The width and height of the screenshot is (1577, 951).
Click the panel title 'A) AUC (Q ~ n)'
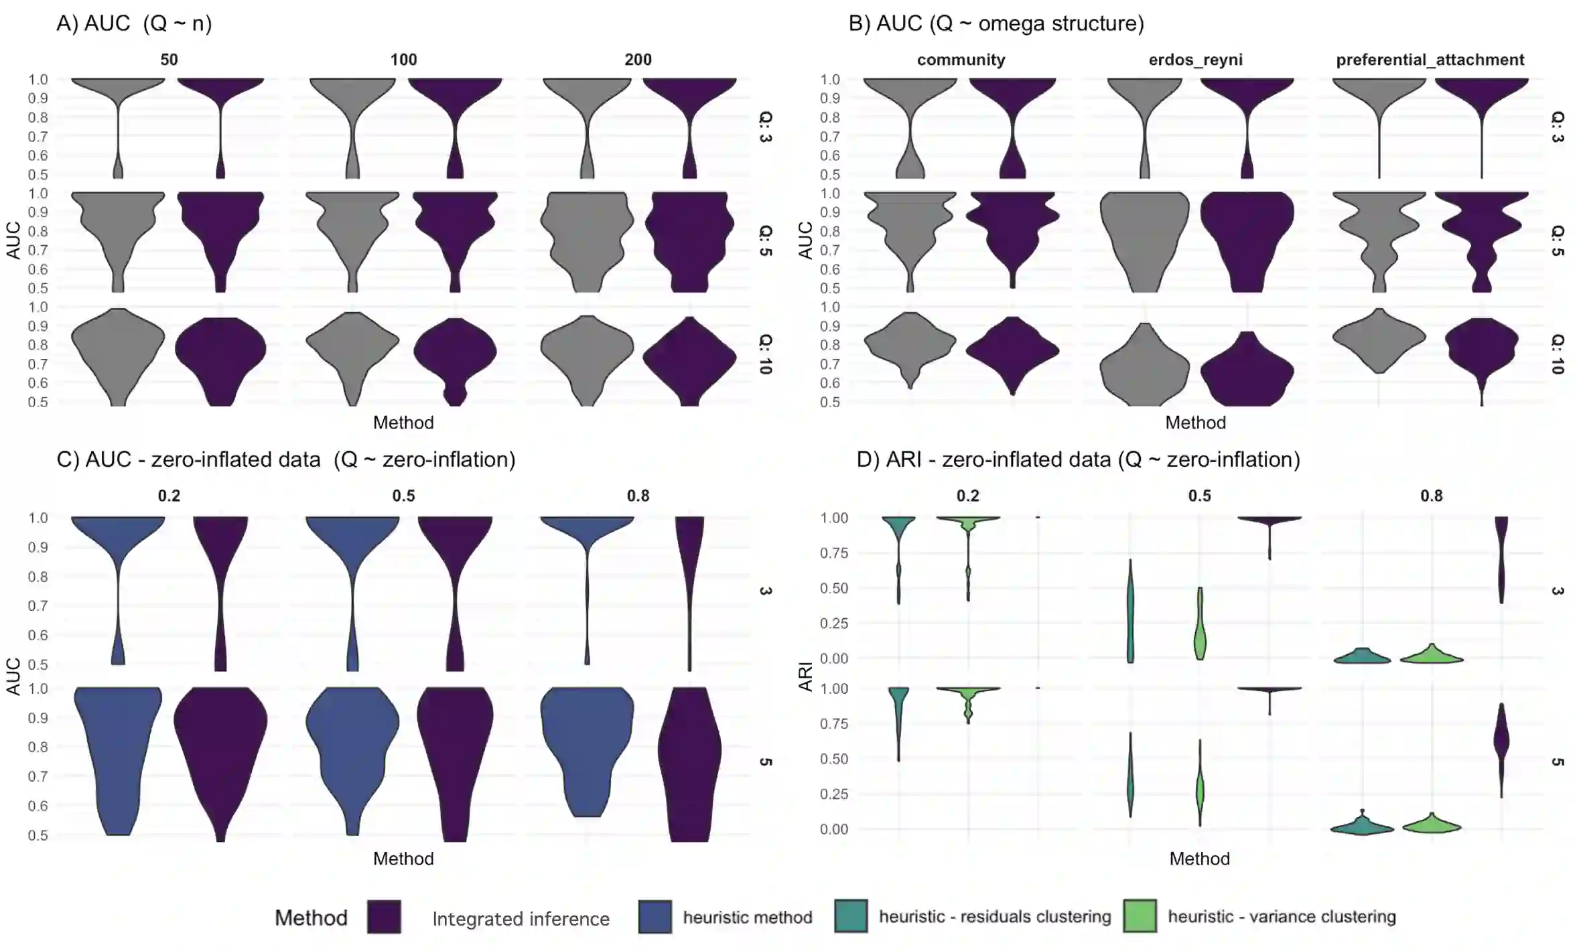pos(134,23)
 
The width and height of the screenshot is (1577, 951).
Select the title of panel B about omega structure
pos(996,23)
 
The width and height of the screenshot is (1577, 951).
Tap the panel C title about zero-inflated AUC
pos(286,459)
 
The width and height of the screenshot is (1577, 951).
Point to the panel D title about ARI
pos(1078,459)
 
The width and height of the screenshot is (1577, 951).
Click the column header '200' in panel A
pos(638,60)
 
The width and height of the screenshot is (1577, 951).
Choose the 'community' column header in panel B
pos(961,60)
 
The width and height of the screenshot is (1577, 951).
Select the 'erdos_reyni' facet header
pos(1195,60)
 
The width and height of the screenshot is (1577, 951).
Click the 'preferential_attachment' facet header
pos(1430,60)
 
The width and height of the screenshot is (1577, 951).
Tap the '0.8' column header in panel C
pos(638,496)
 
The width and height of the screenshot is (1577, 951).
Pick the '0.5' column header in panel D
pos(1199,496)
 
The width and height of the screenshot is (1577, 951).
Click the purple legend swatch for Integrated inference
pos(384,917)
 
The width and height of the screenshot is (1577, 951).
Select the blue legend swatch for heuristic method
pos(655,917)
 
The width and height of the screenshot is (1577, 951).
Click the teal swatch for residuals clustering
pos(851,917)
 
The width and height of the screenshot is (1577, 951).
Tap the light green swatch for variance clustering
pos(1140,917)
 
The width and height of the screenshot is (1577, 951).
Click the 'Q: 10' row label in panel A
pos(765,354)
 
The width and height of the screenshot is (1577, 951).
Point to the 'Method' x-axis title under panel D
pos(1199,859)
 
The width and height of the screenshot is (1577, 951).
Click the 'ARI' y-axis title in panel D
pos(805,676)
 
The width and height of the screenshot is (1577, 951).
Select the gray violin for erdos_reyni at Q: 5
pos(1144,241)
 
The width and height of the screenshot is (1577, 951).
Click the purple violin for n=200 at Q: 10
pos(689,358)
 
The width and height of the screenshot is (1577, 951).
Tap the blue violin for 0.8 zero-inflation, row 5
pos(587,743)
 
